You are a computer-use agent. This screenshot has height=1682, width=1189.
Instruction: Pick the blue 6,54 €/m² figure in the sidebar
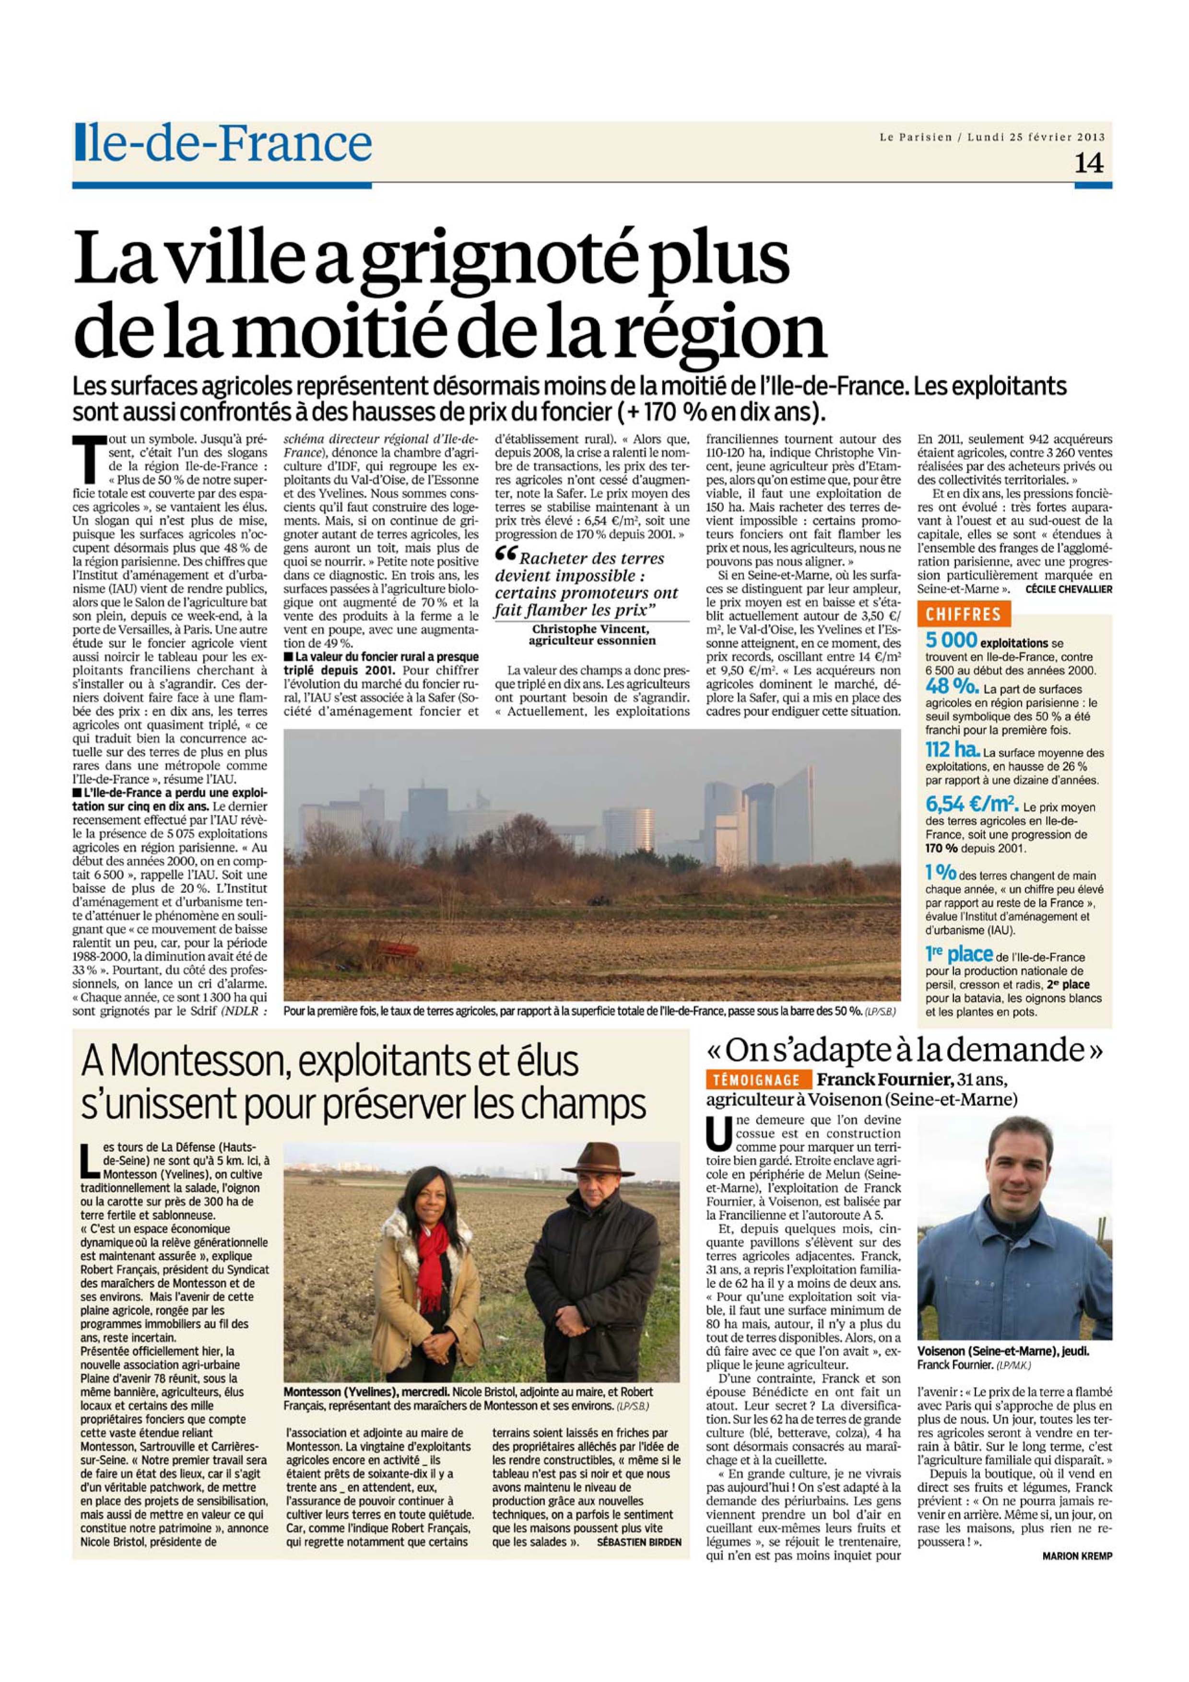point(970,805)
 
